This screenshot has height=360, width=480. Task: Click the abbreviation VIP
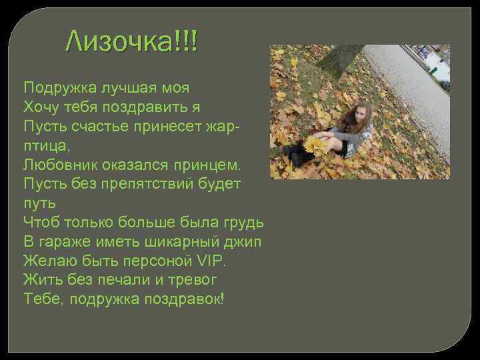(x=214, y=259)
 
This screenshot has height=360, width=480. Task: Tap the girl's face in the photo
(x=364, y=114)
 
